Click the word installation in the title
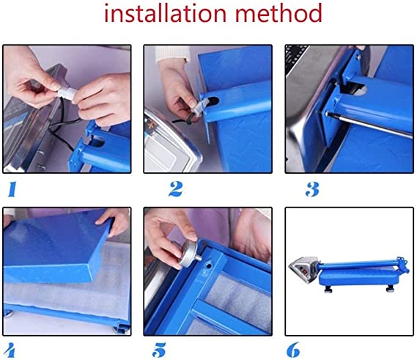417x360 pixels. pyautogui.click(x=165, y=13)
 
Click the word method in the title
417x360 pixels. pyautogui.click(x=279, y=13)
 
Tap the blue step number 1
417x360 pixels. pyautogui.click(x=12, y=189)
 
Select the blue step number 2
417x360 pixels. pyautogui.click(x=176, y=188)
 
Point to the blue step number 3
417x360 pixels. pyautogui.click(x=312, y=189)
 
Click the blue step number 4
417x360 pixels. pyautogui.click(x=10, y=350)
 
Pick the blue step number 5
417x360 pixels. pyautogui.click(x=159, y=350)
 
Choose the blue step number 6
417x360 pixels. pyautogui.click(x=293, y=350)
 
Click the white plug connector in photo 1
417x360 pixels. pyautogui.click(x=67, y=93)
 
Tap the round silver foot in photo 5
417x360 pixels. pyautogui.click(x=189, y=254)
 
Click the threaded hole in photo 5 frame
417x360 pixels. pyautogui.click(x=209, y=265)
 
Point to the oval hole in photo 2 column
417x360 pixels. pyautogui.click(x=213, y=101)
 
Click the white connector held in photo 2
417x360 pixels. pyautogui.click(x=197, y=109)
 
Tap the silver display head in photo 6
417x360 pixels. pyautogui.click(x=303, y=269)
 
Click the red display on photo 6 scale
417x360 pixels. pyautogui.click(x=303, y=272)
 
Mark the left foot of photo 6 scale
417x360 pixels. pyautogui.click(x=328, y=289)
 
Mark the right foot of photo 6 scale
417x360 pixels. pyautogui.click(x=391, y=288)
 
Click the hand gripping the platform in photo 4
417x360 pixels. pyautogui.click(x=113, y=221)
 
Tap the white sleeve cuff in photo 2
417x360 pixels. pyautogui.click(x=173, y=54)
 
